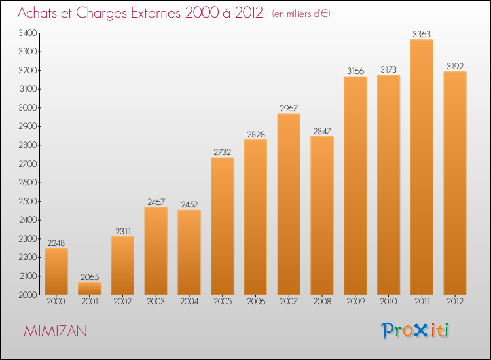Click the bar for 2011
pos(422,167)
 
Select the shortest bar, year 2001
pos(90,288)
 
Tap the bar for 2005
pos(223,226)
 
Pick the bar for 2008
pos(322,215)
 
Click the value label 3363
pos(422,34)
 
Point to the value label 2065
pos(90,277)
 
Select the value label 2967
pos(289,108)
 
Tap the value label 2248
pos(56,243)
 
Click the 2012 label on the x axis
pos(455,302)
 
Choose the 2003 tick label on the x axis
pos(156,302)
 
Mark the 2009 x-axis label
pos(355,302)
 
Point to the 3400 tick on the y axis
pos(28,33)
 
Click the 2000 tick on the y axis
pos(28,295)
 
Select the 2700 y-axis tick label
pos(28,164)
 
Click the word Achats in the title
pos(39,13)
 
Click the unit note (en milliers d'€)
pos(302,14)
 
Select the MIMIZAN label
pos(55,331)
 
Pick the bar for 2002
pos(123,265)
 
